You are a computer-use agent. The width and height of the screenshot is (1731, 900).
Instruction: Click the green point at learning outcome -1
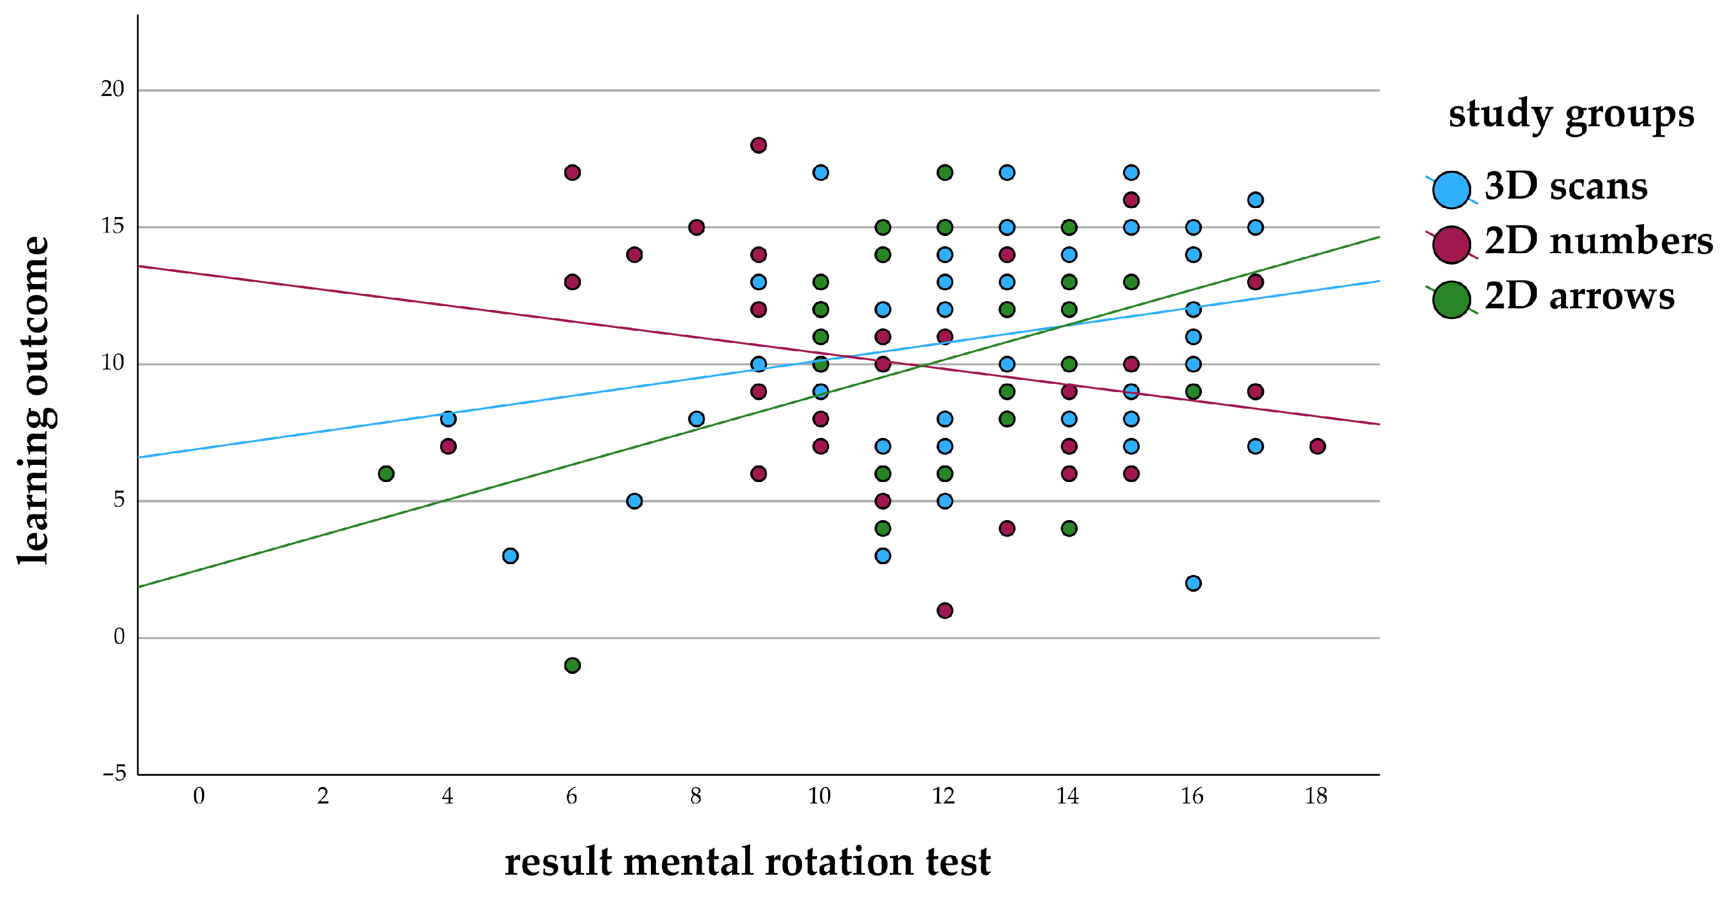coord(572,665)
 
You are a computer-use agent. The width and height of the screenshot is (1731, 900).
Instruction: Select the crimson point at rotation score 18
coord(1317,446)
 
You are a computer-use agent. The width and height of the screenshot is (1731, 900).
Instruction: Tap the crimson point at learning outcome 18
coord(758,145)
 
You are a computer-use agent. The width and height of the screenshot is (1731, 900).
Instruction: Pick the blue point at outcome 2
coord(1193,583)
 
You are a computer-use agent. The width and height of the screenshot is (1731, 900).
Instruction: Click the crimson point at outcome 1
coord(944,610)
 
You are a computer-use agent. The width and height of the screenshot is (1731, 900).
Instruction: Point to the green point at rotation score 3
coord(386,474)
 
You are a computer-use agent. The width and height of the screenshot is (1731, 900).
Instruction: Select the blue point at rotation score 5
coord(510,555)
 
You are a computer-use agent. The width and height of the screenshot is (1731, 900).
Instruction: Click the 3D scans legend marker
coord(1451,189)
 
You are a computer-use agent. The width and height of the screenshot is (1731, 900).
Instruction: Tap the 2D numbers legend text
coord(1598,241)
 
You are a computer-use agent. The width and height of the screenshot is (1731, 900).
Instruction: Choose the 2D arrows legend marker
coord(1451,299)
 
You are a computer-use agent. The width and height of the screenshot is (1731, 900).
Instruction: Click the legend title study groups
coord(1570,114)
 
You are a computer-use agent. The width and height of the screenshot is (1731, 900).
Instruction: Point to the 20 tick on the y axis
coord(113,89)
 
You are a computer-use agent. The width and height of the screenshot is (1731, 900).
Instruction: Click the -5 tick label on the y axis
coord(114,773)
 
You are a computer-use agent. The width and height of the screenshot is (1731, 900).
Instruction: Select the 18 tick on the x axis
coord(1316,796)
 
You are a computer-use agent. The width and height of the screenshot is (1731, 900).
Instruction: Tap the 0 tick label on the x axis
coord(199,796)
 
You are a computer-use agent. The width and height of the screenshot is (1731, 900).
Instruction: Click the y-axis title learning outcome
coord(34,400)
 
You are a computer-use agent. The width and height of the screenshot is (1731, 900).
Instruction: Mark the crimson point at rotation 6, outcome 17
coord(572,173)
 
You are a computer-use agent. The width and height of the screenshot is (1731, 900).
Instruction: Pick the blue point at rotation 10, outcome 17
coord(820,173)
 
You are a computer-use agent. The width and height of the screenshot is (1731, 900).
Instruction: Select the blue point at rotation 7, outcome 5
coord(634,501)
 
